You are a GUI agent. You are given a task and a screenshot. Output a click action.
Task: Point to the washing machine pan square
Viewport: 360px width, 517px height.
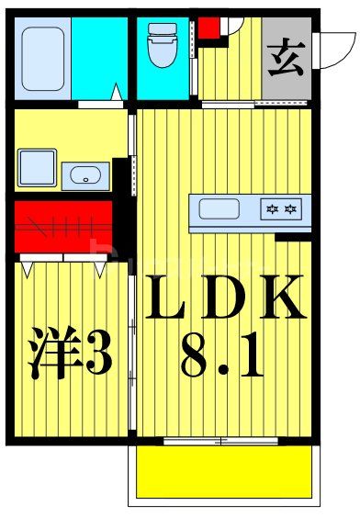pos(36,168)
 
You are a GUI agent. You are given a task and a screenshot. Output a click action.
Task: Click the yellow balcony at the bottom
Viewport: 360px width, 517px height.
pos(224,472)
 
